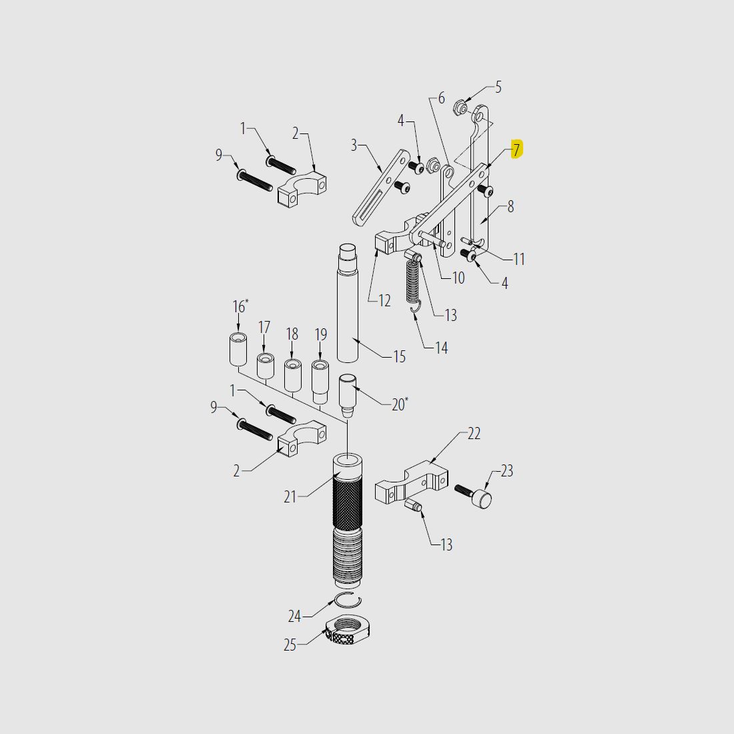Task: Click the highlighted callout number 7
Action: click(x=516, y=150)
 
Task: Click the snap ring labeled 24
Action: click(x=347, y=600)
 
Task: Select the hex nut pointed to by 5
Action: click(x=460, y=106)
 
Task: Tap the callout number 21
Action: click(x=290, y=496)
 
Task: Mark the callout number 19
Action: click(x=321, y=334)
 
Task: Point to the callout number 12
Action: click(x=384, y=301)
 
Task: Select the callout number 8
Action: click(x=510, y=207)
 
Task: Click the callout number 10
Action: click(x=458, y=278)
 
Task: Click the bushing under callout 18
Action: click(x=292, y=375)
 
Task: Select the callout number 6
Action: click(x=441, y=99)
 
